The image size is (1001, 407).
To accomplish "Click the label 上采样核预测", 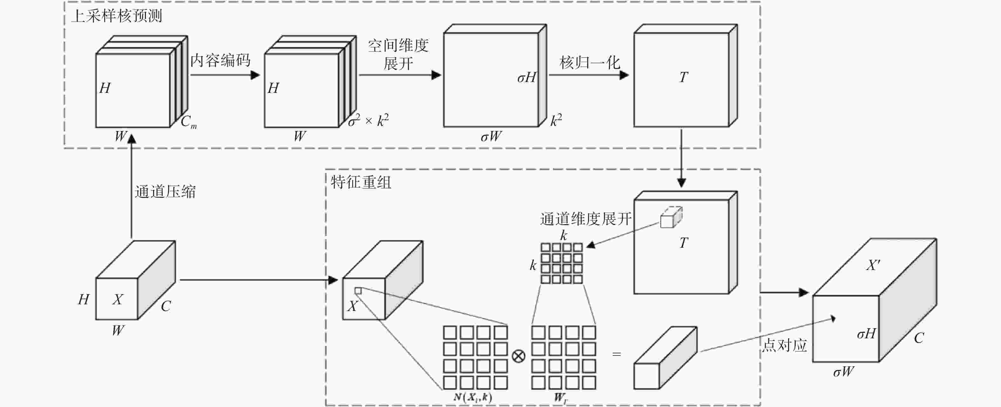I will (117, 16).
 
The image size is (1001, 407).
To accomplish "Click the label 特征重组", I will (361, 182).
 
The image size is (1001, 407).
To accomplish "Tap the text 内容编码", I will (220, 61).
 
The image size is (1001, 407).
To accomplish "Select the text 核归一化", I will (589, 63).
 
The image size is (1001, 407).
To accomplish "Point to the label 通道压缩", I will (165, 192).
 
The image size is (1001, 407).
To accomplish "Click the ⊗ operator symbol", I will (519, 356).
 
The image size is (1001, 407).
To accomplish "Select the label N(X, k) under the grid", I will (473, 397).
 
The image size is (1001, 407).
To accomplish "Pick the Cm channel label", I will (188, 122).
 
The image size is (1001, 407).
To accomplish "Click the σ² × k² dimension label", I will (368, 121).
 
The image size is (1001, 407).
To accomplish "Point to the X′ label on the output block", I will (873, 265).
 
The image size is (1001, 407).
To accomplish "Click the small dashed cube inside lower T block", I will (671, 217).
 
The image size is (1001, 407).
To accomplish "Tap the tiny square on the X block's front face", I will (358, 290).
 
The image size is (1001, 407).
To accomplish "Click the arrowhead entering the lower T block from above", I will (681, 183).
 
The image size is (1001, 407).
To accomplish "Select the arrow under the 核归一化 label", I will (589, 75).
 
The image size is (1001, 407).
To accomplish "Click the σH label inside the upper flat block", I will (527, 78).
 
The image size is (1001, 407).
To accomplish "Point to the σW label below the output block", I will (843, 372).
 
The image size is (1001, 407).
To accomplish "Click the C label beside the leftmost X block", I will (166, 306).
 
